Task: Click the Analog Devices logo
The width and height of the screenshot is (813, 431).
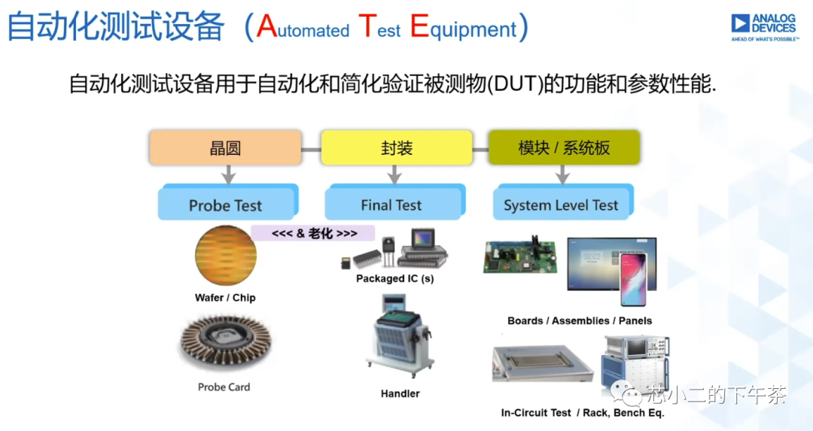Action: (764, 28)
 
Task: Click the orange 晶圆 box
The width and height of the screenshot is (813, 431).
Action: (226, 148)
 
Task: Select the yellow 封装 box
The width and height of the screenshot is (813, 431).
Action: (397, 148)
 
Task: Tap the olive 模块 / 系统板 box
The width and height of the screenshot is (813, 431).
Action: (564, 148)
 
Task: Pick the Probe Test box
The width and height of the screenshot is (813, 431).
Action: (227, 202)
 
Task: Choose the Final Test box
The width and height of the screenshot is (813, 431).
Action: (394, 202)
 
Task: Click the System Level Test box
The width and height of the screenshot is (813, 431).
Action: (562, 202)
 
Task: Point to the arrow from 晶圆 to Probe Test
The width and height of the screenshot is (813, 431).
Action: (228, 175)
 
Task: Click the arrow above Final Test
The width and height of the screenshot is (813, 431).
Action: (394, 175)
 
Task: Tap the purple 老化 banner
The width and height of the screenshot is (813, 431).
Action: (313, 233)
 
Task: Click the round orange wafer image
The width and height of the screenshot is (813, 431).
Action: (226, 256)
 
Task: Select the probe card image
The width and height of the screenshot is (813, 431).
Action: (226, 343)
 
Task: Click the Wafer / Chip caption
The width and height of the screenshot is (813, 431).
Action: (225, 298)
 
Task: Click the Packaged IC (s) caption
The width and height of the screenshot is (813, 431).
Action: (395, 279)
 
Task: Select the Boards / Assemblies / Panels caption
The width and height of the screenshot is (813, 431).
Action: (580, 320)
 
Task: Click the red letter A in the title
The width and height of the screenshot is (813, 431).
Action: (267, 26)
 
